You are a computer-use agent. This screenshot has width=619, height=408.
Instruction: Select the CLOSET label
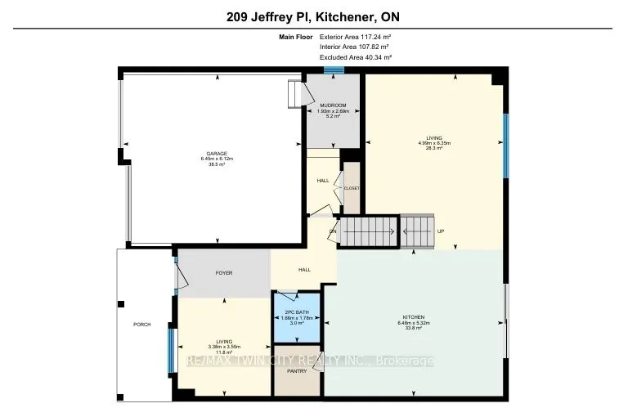(x=352, y=187)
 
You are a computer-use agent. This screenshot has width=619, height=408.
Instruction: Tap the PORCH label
(x=142, y=324)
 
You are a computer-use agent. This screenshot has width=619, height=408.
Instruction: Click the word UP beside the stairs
(x=440, y=231)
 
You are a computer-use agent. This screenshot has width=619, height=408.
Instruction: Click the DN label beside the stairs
(x=333, y=231)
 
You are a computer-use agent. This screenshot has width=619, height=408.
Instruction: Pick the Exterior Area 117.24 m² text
(x=355, y=37)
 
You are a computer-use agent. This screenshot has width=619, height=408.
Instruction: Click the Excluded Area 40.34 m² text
(x=355, y=57)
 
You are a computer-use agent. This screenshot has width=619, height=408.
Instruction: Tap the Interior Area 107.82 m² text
(x=355, y=47)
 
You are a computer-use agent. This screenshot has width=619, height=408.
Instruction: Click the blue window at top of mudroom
(x=333, y=69)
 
